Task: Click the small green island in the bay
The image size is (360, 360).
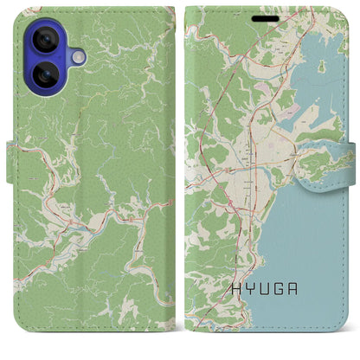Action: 322,66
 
